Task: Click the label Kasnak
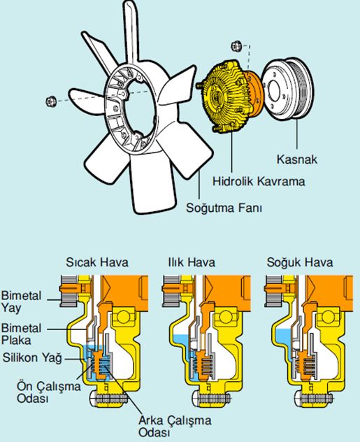[x=297, y=159]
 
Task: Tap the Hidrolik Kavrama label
[x=259, y=181]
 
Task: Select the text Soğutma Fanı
[x=224, y=208]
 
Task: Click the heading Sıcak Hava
[x=97, y=262]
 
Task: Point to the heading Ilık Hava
[x=192, y=262]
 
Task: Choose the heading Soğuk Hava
[x=300, y=262]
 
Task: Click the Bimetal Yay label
[x=22, y=302]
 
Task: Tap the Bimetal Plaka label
[x=22, y=334]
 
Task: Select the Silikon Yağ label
[x=32, y=357]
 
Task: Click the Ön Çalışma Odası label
[x=49, y=392]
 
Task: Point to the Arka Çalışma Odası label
[x=175, y=426]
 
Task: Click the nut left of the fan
[x=51, y=101]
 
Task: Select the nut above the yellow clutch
[x=236, y=46]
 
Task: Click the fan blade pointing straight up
[x=131, y=32]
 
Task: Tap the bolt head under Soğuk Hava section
[x=298, y=399]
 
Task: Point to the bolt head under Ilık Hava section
[x=196, y=399]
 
